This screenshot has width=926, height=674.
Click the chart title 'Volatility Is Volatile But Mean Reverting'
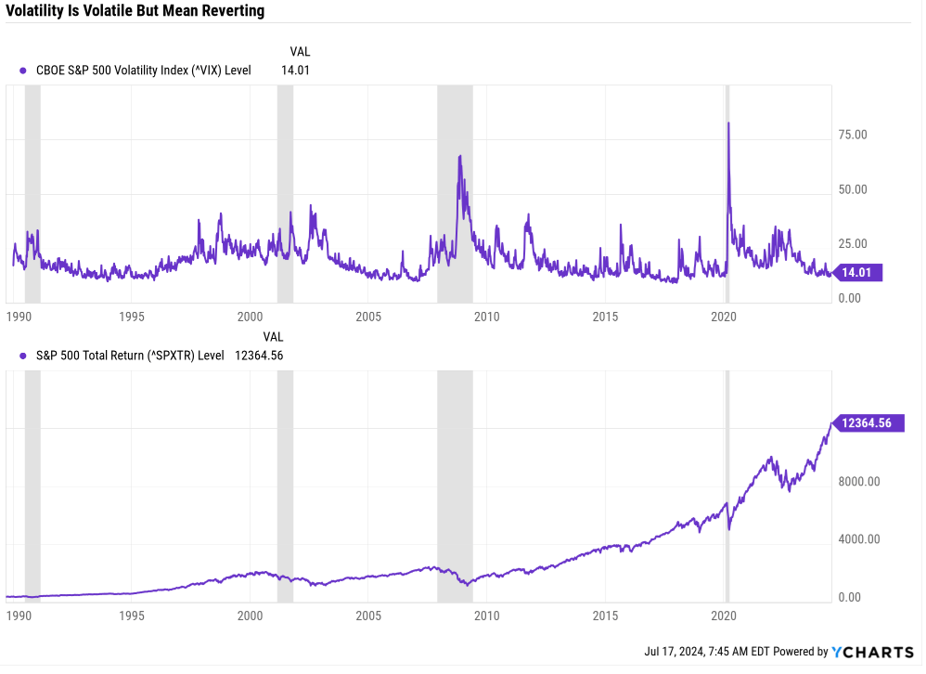[135, 11]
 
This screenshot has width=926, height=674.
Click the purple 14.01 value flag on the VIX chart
[858, 272]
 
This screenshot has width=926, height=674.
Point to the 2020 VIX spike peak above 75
[728, 123]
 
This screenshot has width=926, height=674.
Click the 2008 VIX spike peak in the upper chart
[459, 157]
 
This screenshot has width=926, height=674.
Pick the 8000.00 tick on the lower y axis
[857, 482]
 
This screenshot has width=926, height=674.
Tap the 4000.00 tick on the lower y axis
[857, 539]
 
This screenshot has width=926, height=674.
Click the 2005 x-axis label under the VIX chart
[368, 317]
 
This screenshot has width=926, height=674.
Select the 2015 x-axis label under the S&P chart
[605, 616]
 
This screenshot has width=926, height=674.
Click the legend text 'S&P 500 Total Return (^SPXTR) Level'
[131, 355]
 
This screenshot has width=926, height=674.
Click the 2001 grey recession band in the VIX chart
[285, 194]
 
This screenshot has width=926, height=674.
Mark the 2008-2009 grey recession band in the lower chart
[455, 484]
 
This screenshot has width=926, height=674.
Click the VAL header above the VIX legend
[300, 52]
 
